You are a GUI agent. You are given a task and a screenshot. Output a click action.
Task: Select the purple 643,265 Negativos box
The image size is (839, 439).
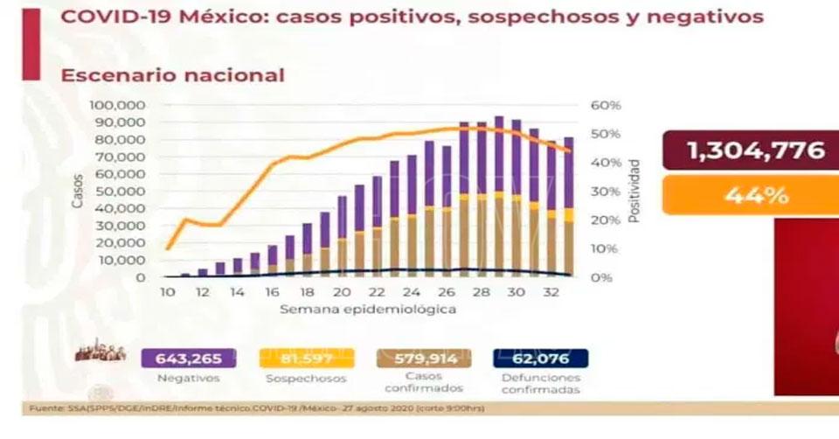point(183,357)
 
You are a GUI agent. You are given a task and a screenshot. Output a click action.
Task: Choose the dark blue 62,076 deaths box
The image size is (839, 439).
point(541,357)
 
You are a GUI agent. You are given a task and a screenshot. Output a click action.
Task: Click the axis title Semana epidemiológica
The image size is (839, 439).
point(367,310)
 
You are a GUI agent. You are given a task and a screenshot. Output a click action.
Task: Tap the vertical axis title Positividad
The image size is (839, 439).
point(635,191)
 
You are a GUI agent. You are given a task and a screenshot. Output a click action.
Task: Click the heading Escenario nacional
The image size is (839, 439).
point(172,75)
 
